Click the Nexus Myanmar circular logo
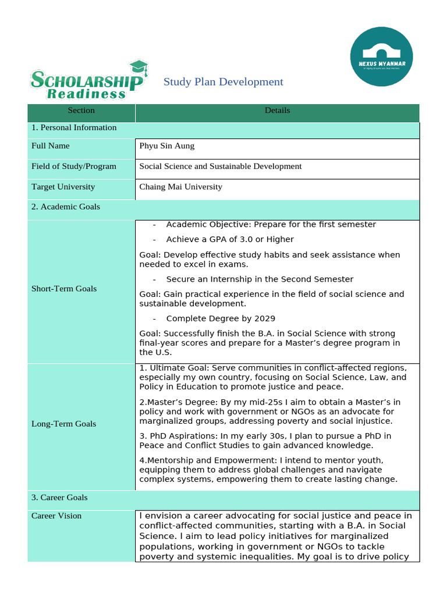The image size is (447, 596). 382,56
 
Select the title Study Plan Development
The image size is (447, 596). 223,82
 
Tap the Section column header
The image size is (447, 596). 81,111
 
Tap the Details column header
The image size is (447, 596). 277,111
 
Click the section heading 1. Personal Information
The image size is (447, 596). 74,128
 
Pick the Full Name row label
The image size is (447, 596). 51,146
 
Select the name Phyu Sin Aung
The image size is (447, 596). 167,146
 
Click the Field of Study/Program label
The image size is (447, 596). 74,166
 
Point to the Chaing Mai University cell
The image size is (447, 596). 180,187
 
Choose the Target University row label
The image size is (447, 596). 63,187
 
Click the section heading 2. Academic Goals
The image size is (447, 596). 66,207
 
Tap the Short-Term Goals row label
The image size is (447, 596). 64,289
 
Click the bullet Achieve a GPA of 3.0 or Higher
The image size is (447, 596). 229,240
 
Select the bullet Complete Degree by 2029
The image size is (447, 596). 221,319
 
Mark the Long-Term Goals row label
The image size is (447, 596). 63,424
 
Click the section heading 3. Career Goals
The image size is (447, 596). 59,498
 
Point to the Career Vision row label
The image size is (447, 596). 56,516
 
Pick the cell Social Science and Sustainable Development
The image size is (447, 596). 221,166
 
